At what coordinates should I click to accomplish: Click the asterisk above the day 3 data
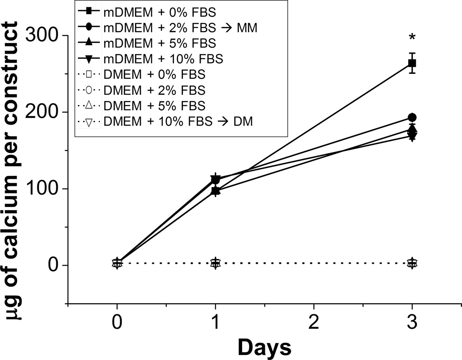pyautogui.click(x=412, y=38)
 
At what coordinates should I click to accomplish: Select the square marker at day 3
pyautogui.click(x=412, y=63)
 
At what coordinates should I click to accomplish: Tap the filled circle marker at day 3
pyautogui.click(x=412, y=117)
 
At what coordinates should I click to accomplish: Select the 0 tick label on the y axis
pyautogui.click(x=53, y=265)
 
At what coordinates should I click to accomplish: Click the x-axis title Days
pyautogui.click(x=264, y=348)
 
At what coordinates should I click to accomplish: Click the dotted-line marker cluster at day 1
pyautogui.click(x=215, y=263)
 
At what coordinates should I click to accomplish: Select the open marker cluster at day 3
pyautogui.click(x=412, y=263)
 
